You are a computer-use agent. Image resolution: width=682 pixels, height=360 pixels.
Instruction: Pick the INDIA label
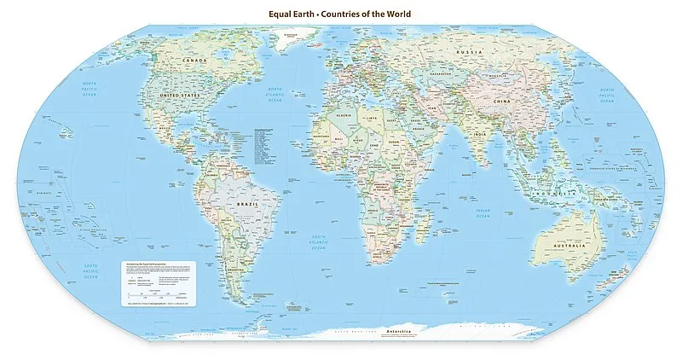pyautogui.click(x=480, y=134)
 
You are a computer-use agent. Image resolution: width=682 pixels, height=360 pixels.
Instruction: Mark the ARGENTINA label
pyautogui.click(x=220, y=271)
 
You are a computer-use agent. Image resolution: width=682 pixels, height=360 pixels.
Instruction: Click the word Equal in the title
pyautogui.click(x=283, y=14)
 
